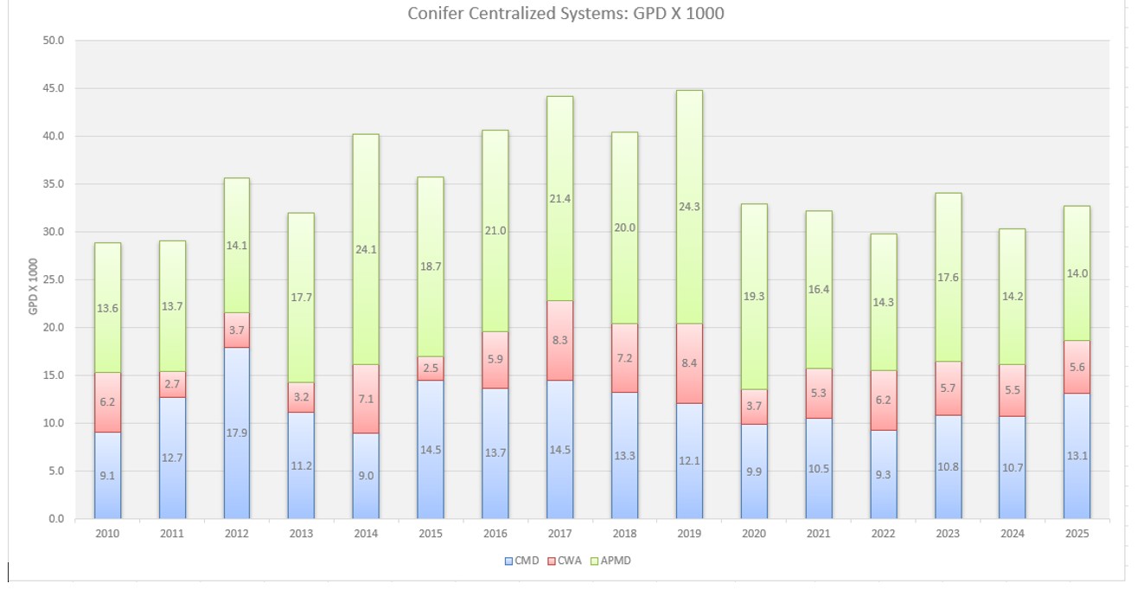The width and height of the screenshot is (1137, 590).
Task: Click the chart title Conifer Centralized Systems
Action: click(x=565, y=14)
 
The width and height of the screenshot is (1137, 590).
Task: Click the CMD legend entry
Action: click(x=522, y=561)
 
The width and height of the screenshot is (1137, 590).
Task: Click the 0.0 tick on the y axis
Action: click(x=56, y=519)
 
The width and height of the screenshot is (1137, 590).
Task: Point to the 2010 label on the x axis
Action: click(x=107, y=534)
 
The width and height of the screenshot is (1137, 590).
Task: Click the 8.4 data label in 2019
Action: click(x=689, y=363)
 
